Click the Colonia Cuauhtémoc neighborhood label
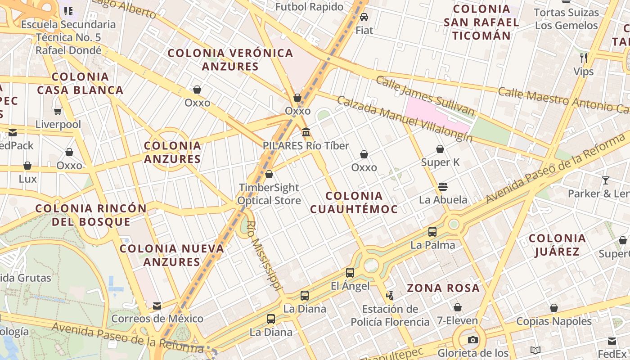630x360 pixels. click(x=354, y=202)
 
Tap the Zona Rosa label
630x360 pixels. click(x=443, y=288)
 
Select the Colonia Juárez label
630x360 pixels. click(x=557, y=245)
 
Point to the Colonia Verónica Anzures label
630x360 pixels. click(x=230, y=59)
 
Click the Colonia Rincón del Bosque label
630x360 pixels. click(x=91, y=215)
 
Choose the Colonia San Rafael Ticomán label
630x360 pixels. click(x=481, y=22)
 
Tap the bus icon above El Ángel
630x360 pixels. click(x=350, y=272)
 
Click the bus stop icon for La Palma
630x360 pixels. click(x=432, y=232)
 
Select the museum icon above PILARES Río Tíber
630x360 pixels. click(x=306, y=132)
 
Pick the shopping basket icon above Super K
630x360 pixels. click(x=440, y=149)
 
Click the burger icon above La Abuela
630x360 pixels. click(x=443, y=186)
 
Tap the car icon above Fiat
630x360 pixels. click(x=364, y=17)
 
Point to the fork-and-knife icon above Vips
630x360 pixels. click(x=584, y=58)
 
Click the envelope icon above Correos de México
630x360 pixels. click(x=157, y=306)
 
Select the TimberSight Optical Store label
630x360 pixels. click(x=269, y=194)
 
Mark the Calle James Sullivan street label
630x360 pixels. click(x=425, y=95)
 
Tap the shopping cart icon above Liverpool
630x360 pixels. click(x=58, y=111)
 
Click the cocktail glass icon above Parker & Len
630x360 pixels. click(x=606, y=180)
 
